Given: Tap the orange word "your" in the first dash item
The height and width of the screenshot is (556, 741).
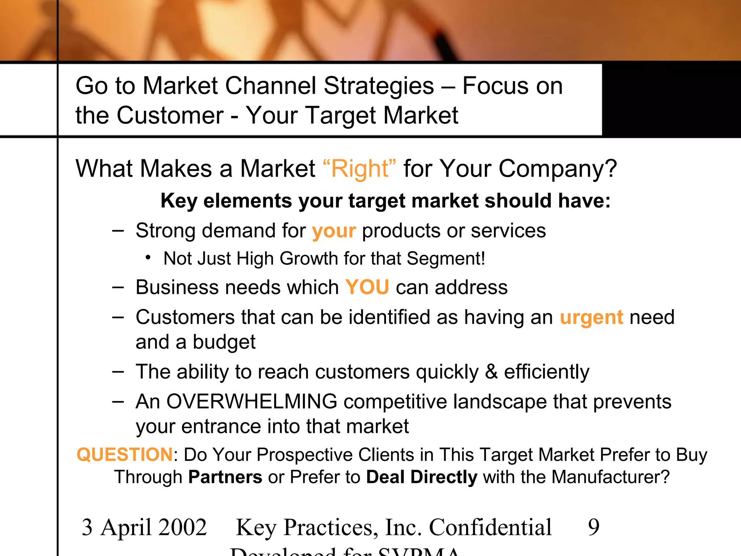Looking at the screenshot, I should tap(334, 232).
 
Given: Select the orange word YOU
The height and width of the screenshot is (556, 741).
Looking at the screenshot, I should tap(367, 287).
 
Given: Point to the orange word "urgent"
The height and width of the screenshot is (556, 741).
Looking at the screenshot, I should tap(591, 318).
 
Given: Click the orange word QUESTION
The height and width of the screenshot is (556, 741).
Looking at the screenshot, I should tap(125, 455).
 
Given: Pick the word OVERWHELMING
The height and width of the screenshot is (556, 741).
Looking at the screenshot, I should tap(251, 401).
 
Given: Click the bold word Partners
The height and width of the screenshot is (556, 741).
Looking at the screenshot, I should tap(225, 477).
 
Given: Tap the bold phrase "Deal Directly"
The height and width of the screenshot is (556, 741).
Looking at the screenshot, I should tap(422, 477).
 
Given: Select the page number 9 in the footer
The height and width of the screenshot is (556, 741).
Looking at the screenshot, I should tap(593, 527).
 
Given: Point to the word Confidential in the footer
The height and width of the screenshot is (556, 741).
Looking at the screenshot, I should tap(490, 527).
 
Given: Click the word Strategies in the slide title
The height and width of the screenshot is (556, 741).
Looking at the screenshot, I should tap(378, 86).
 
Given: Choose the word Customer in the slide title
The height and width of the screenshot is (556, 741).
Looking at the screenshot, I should tap(170, 115).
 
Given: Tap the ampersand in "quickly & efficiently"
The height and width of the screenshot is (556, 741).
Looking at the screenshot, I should tap(491, 372).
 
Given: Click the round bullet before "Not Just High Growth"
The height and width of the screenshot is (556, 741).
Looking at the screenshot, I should tap(148, 258).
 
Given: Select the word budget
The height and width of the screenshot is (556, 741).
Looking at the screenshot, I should tap(224, 342).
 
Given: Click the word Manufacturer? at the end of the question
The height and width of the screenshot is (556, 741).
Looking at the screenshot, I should tap(611, 477).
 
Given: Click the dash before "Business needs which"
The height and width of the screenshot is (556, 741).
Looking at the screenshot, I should tap(118, 287).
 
